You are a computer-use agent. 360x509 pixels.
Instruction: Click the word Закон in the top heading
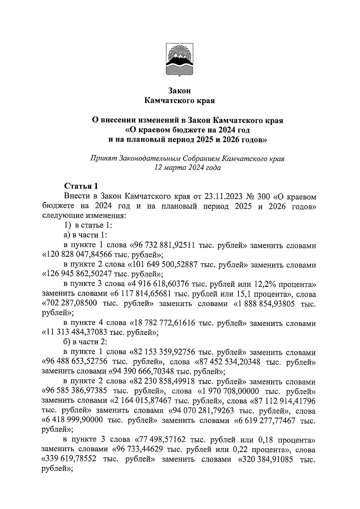coord(179,90)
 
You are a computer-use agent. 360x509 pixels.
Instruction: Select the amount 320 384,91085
coord(268,460)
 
